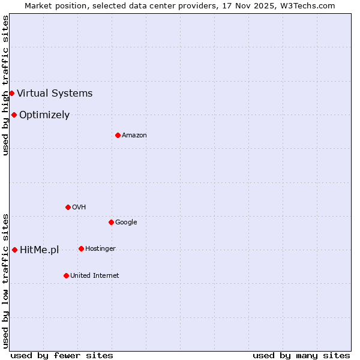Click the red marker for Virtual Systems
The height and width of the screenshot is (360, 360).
11,93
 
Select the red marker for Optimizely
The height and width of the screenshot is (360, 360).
14,115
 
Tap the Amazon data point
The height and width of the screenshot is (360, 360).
118,135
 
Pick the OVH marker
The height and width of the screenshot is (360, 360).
68,207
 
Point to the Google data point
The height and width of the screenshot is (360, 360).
111,222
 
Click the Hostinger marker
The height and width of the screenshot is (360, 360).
81,248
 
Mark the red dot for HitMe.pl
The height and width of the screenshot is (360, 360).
14,250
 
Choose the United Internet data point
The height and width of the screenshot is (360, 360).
66,275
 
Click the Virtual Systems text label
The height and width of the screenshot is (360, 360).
55,93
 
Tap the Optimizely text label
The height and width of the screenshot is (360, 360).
44,115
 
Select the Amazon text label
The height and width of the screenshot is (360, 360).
134,135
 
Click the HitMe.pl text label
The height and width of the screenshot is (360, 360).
40,250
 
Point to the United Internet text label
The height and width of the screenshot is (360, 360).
95,275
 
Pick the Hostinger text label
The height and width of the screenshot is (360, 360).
100,248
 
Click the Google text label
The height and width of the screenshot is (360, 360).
126,222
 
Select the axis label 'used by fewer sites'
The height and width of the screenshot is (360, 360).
62,355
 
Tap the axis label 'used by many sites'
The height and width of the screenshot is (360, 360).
301,355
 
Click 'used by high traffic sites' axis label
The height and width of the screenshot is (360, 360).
5,85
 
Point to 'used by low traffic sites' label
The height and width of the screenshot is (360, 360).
5,281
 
